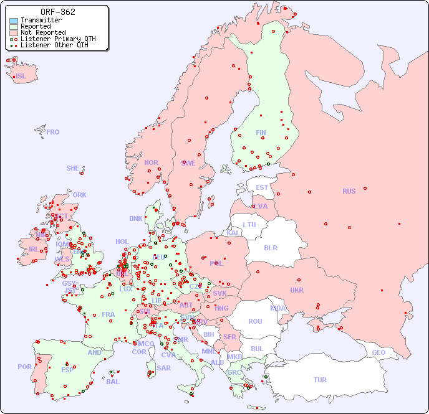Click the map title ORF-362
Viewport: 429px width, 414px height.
[57, 12]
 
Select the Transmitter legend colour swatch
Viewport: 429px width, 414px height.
[14, 21]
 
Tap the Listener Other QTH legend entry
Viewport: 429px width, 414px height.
[57, 45]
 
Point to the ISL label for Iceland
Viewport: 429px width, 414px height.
[21, 77]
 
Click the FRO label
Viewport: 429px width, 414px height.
[53, 132]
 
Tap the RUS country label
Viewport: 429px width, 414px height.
[349, 191]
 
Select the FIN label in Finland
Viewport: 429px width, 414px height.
[261, 133]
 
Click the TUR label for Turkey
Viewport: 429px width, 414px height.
[320, 380]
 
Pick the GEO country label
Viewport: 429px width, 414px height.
[378, 352]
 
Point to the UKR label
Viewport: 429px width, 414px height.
[296, 290]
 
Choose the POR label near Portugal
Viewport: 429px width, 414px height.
[24, 367]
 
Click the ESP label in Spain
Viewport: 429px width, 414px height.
[67, 370]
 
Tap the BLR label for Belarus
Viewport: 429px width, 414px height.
[270, 247]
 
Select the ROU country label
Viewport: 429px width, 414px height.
[255, 321]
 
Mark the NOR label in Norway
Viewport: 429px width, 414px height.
[151, 162]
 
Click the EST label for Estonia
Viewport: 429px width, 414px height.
[262, 187]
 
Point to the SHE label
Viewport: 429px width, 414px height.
[73, 168]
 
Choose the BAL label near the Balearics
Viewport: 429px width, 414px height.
[112, 382]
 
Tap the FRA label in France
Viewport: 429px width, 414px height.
[108, 314]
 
